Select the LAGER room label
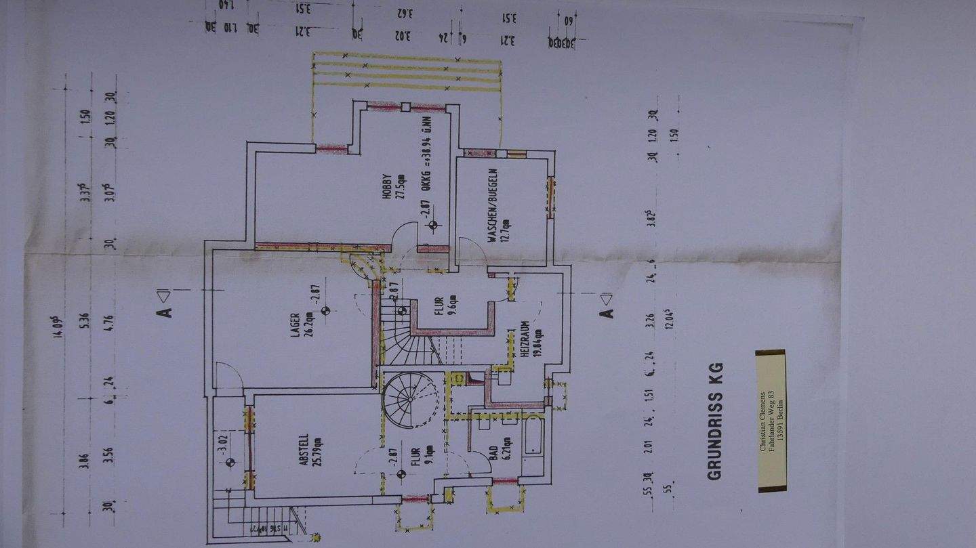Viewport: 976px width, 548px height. point(296,326)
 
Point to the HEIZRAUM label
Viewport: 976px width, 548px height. point(524,343)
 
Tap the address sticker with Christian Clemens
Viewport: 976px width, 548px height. point(771,420)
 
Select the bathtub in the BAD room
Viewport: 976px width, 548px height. point(533,434)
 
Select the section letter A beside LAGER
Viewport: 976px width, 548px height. point(165,310)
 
